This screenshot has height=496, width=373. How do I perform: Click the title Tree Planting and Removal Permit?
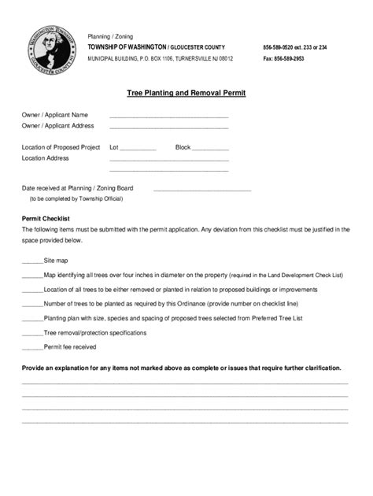click(186, 93)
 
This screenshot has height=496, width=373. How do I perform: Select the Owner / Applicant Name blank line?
click(169, 117)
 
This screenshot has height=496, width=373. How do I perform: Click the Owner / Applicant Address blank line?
click(169, 127)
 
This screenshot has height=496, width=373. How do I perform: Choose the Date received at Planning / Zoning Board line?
click(202, 190)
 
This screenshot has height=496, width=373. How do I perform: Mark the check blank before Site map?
click(32, 261)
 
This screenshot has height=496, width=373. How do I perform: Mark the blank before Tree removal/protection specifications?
click(32, 334)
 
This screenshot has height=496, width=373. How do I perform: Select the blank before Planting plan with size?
click(32, 319)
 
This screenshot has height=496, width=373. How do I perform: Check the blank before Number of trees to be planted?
click(32, 305)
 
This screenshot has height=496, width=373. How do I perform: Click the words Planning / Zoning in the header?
click(110, 36)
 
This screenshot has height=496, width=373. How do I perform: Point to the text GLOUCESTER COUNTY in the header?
click(201, 47)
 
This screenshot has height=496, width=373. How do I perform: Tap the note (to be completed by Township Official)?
click(70, 199)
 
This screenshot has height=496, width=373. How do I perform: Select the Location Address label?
click(45, 158)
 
